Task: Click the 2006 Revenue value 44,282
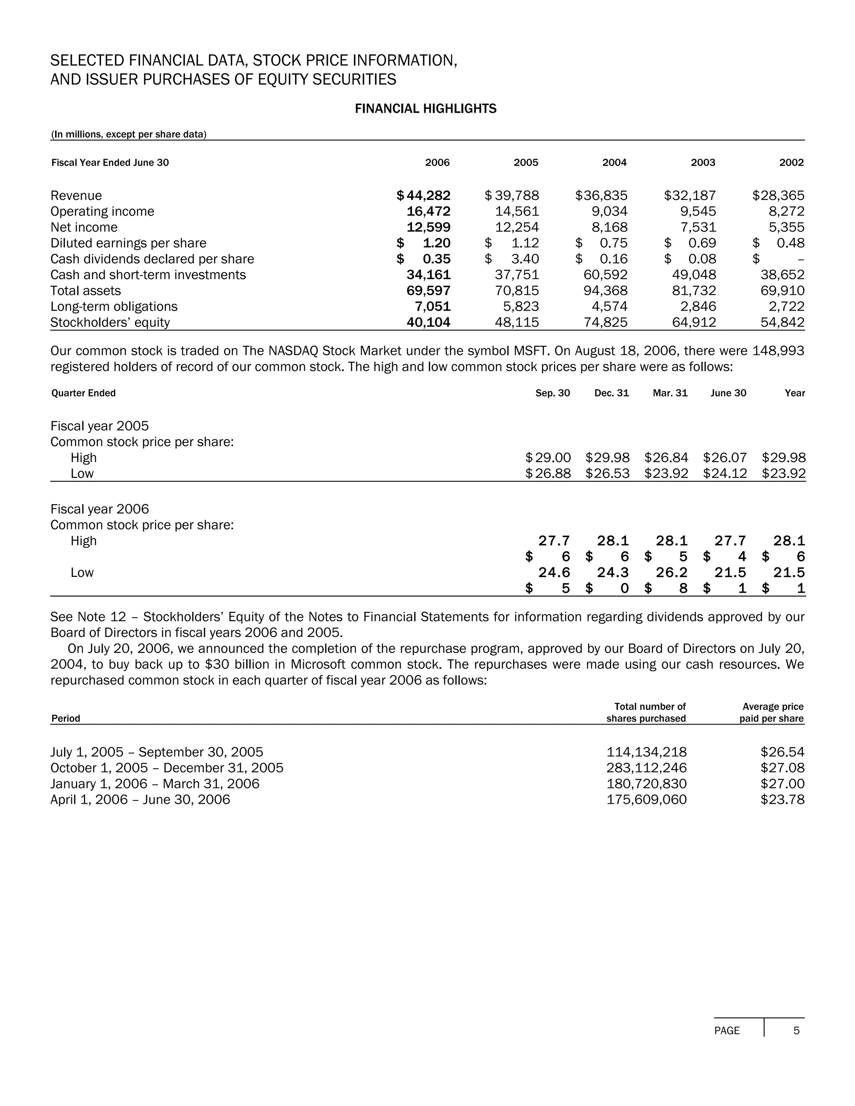pos(428,195)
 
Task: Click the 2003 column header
pos(703,162)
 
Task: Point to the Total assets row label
pos(86,290)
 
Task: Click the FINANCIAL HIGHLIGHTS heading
pos(425,109)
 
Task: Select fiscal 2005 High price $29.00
pos(549,458)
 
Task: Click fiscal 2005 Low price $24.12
pos(725,474)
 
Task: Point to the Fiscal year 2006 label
pos(100,509)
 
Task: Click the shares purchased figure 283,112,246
pos(646,768)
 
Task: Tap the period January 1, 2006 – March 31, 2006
pos(154,784)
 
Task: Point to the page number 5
pos(796,1030)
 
